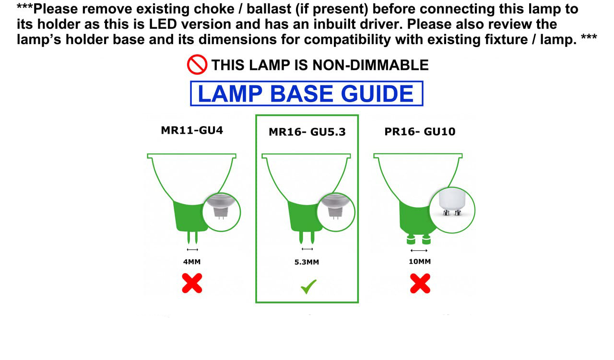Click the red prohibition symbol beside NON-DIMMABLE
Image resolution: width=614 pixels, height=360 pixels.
[x=197, y=65]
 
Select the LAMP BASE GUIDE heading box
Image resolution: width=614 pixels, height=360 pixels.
[x=307, y=93]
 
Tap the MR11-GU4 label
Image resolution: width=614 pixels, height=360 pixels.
[x=192, y=130]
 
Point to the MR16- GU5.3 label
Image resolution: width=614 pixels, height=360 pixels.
[x=307, y=132]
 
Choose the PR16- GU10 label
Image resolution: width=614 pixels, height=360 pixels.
[x=420, y=131]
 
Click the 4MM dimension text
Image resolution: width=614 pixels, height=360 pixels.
[x=192, y=262]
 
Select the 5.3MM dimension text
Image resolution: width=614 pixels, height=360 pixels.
[x=307, y=262]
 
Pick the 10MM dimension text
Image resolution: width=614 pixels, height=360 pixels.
[x=420, y=262]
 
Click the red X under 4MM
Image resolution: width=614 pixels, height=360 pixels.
[x=192, y=283]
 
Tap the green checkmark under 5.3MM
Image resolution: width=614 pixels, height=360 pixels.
[x=308, y=287]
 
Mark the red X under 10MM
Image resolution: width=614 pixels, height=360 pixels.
[x=420, y=283]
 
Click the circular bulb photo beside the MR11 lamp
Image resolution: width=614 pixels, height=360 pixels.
[x=221, y=211]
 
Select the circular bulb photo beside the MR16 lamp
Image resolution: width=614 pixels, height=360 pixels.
[x=336, y=211]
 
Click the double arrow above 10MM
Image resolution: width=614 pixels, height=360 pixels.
[x=419, y=251]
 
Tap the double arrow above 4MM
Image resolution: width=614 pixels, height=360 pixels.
[x=192, y=250]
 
